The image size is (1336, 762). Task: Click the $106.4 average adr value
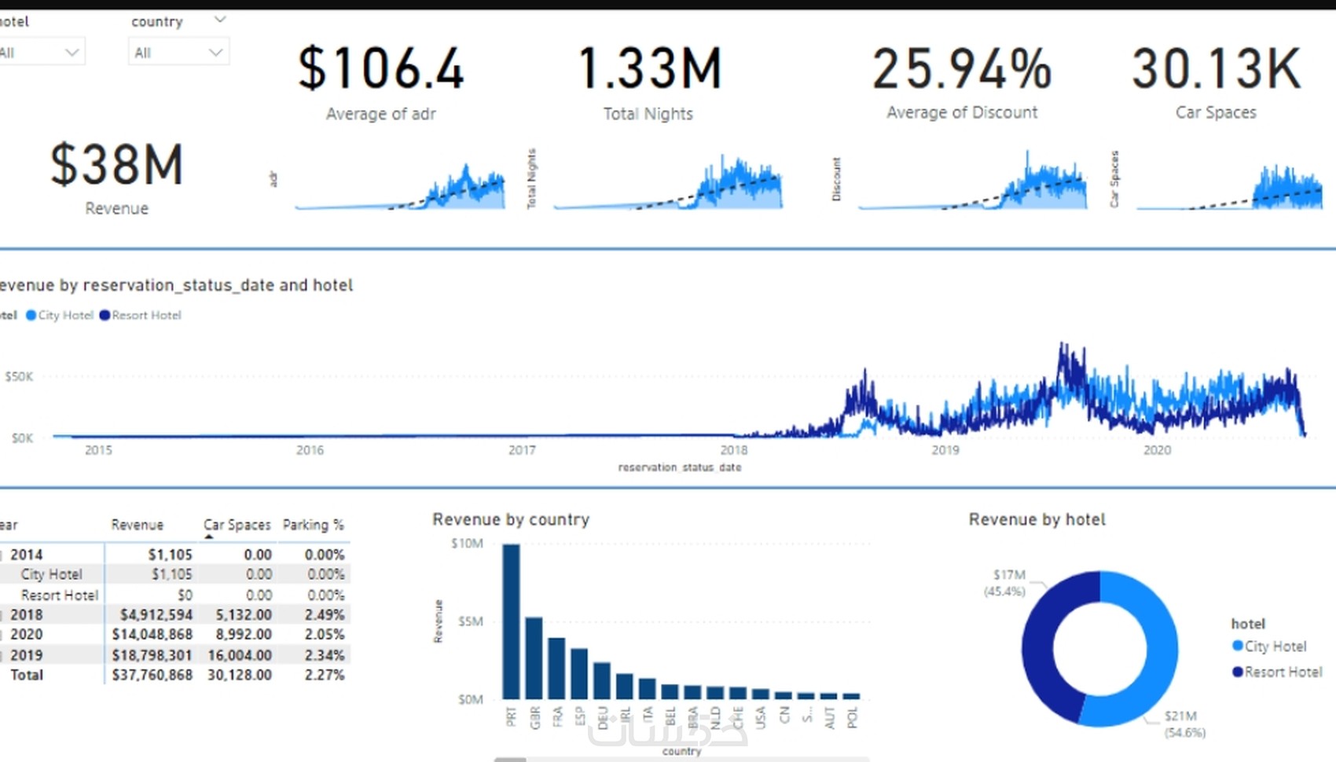[x=381, y=69]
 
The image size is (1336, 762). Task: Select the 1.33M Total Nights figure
[x=649, y=69]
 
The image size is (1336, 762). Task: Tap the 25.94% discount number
[x=962, y=69]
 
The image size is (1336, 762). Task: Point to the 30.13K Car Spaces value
[x=1216, y=69]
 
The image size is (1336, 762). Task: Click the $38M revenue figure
[x=116, y=166]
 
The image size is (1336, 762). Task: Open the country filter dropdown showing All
[x=178, y=53]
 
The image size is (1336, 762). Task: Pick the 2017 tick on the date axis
[x=522, y=450]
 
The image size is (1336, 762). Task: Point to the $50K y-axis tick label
[x=20, y=377]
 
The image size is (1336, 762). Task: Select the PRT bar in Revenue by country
[x=511, y=621]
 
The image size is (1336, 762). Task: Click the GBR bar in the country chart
[x=534, y=658]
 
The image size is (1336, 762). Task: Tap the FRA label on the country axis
[x=557, y=716]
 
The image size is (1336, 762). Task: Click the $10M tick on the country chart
[x=467, y=544]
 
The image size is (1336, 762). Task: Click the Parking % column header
[x=313, y=525]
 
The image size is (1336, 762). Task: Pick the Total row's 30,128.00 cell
[x=240, y=675]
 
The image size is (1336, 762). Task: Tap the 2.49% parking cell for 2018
[x=325, y=614]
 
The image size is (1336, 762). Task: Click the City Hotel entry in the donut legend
[x=1275, y=647]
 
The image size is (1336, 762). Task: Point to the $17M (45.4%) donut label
[x=1006, y=583]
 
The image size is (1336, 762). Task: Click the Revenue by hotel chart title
[x=1037, y=519]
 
